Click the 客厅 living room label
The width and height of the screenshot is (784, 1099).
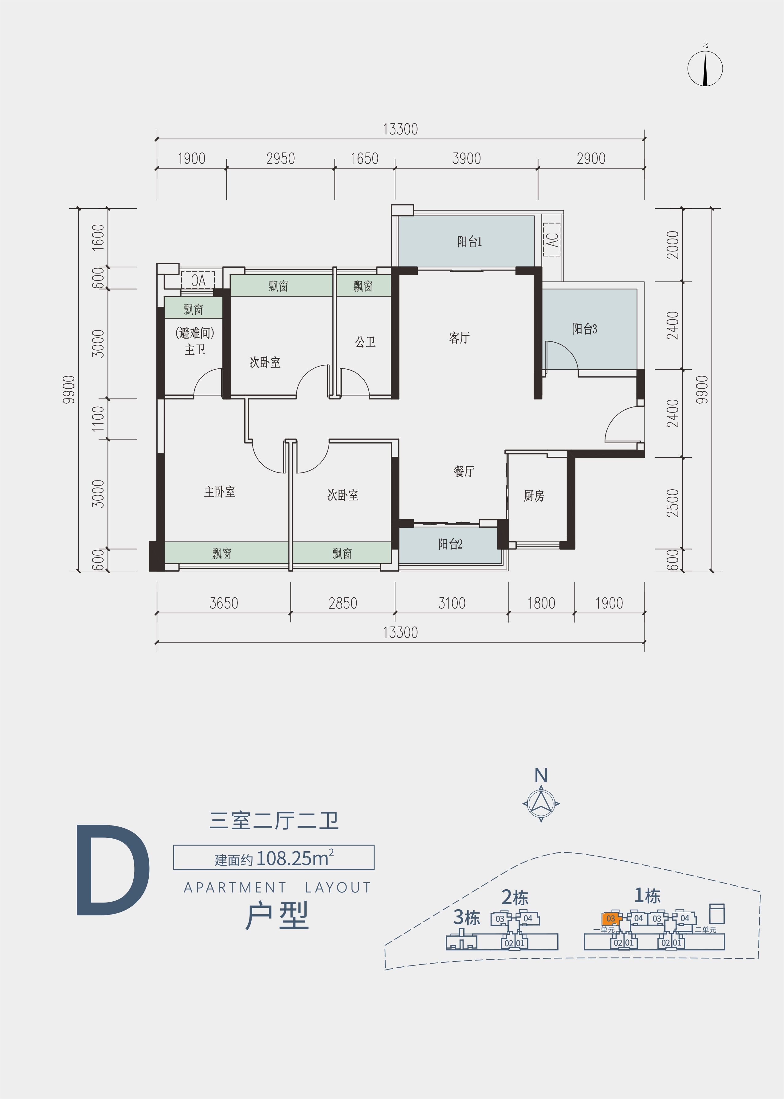[459, 338]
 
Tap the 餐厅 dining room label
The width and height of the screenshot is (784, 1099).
[464, 471]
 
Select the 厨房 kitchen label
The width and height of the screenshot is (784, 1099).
[534, 495]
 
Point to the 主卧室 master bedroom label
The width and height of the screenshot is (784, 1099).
[220, 491]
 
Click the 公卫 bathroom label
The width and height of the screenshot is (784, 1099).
[366, 342]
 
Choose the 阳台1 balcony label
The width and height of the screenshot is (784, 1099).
[469, 241]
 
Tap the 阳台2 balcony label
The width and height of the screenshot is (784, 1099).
[450, 544]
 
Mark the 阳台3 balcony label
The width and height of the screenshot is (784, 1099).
[585, 329]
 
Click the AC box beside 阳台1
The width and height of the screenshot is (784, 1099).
[552, 239]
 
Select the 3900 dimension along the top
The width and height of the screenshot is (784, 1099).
[466, 158]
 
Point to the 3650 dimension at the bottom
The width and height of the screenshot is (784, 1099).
[224, 603]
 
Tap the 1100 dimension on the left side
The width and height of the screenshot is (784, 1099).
[98, 418]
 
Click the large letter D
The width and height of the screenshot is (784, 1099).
[113, 871]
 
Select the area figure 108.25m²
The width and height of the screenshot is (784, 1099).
[295, 858]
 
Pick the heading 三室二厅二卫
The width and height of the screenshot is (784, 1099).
[274, 821]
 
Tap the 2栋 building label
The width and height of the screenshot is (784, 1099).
[515, 897]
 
